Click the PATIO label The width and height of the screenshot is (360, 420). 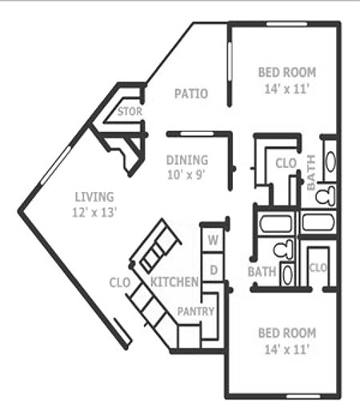191,94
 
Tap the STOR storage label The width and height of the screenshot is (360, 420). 129,112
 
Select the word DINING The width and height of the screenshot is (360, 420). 187,159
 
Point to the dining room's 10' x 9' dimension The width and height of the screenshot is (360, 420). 187,174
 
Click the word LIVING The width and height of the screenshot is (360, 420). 94,197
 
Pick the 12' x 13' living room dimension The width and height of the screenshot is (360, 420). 94,212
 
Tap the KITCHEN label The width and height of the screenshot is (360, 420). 174,282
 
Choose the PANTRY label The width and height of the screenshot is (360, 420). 195,311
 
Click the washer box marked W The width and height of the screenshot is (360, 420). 214,238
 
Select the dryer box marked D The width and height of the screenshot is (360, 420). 214,270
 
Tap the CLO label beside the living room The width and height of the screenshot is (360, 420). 120,282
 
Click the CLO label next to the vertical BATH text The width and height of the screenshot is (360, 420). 286,163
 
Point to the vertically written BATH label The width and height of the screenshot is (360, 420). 312,173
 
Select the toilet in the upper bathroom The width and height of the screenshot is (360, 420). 325,196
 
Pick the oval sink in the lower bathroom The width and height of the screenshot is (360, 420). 288,274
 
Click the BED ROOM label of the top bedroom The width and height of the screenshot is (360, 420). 287,73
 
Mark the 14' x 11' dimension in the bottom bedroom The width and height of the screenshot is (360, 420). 287,349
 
